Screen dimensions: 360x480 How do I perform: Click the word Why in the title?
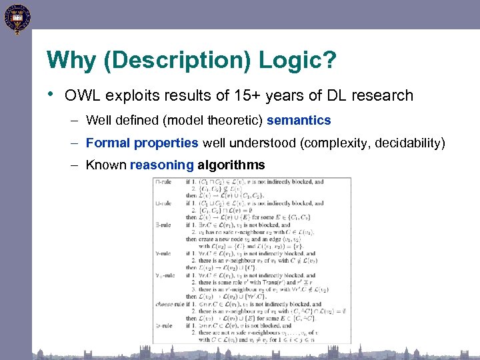(69, 61)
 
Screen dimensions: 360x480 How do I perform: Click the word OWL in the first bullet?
(80, 95)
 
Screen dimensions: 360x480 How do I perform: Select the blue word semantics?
(299, 120)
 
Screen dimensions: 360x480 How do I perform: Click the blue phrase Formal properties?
(142, 143)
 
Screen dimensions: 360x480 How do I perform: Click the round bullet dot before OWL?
(52, 95)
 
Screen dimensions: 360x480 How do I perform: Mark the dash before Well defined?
(75, 121)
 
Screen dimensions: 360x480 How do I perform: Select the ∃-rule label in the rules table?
(163, 225)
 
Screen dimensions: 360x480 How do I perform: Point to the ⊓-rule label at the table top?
(163, 181)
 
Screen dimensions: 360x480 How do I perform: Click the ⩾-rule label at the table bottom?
(163, 326)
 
